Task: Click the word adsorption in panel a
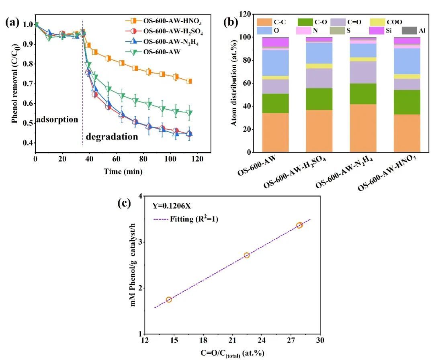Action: tap(57, 119)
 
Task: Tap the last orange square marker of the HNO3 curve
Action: tap(189, 81)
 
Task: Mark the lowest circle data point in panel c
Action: tap(169, 299)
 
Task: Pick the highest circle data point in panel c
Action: tap(299, 225)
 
